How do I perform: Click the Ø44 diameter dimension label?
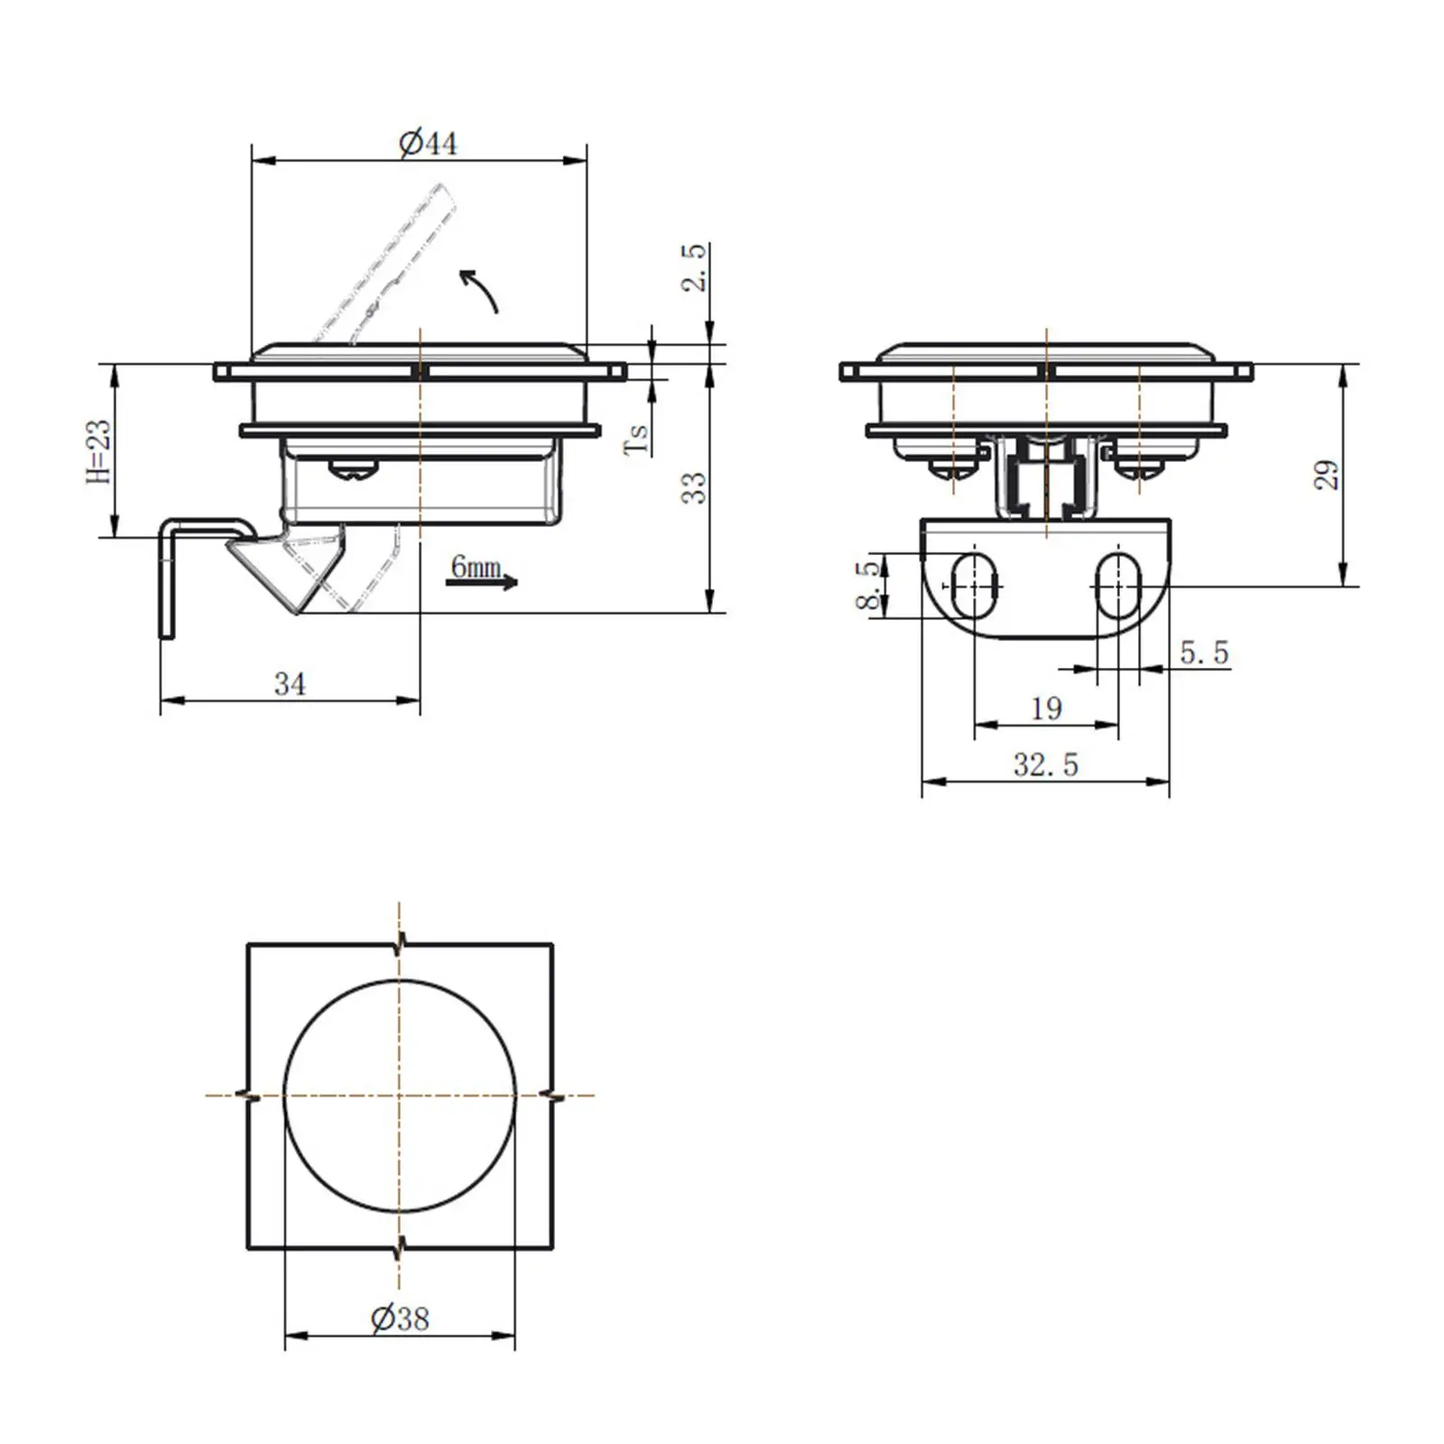pos(428,143)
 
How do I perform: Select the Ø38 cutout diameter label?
pos(400,1319)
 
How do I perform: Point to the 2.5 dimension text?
pos(694,267)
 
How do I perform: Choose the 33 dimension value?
pos(693,487)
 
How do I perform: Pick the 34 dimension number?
pos(290,684)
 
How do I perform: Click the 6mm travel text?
pos(476,567)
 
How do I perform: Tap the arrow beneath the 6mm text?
pos(482,582)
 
